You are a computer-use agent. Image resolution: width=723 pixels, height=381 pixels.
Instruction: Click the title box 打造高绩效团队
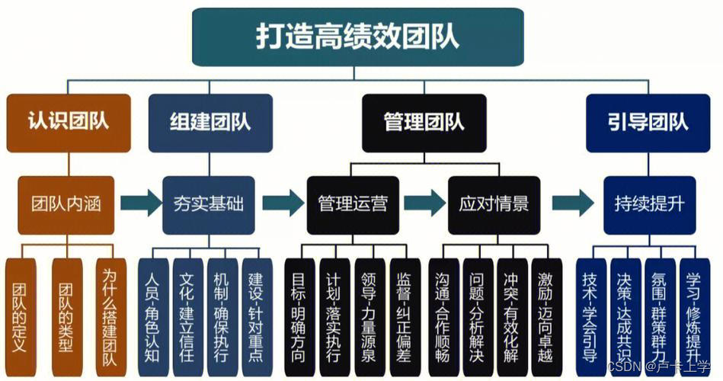tap(357, 37)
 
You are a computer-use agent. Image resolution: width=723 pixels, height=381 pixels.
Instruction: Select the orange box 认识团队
tap(68, 122)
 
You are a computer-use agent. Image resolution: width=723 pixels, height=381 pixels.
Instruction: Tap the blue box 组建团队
tap(210, 122)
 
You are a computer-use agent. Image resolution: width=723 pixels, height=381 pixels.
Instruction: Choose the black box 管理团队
tap(423, 122)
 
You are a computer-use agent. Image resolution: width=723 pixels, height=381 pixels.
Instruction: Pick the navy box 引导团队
tap(648, 122)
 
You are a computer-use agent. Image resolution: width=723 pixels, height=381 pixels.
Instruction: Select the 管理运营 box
tap(352, 204)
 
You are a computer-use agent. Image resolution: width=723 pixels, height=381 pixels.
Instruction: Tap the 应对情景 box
tap(494, 204)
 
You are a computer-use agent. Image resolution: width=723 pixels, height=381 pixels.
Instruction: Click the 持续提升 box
tap(649, 204)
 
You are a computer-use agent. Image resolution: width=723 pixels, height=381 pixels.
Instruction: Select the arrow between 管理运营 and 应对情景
tap(424, 203)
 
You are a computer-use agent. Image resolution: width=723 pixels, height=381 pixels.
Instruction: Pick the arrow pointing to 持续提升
tap(572, 203)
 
